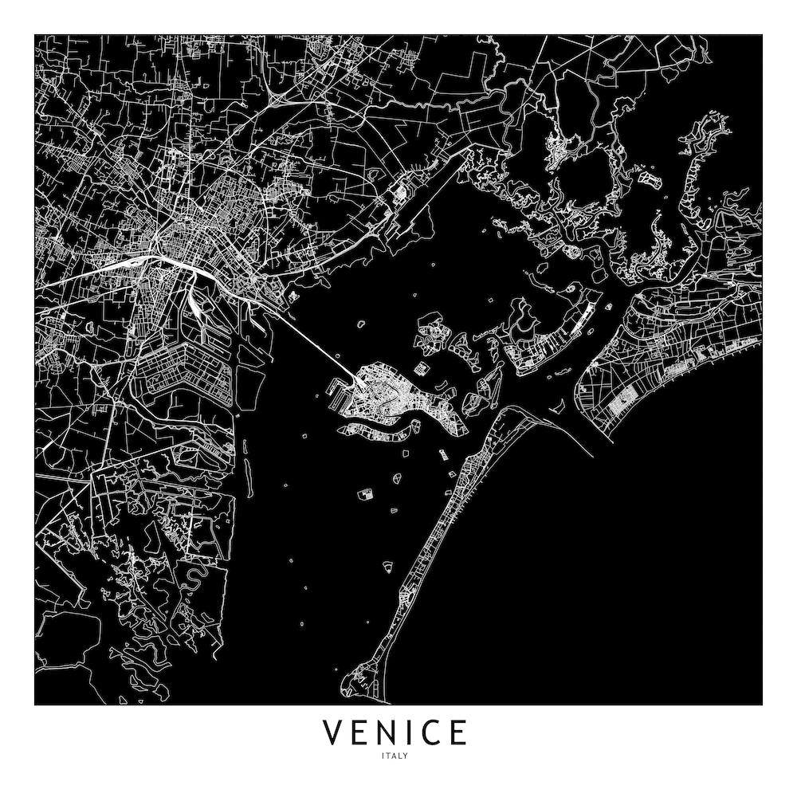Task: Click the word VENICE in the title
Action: tap(395, 732)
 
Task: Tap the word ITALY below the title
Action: tap(395, 756)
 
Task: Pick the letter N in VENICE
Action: tap(384, 732)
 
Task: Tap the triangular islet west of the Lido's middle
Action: tap(387, 567)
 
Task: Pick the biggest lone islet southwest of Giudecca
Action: tap(366, 494)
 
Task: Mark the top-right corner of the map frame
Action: tap(762, 35)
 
